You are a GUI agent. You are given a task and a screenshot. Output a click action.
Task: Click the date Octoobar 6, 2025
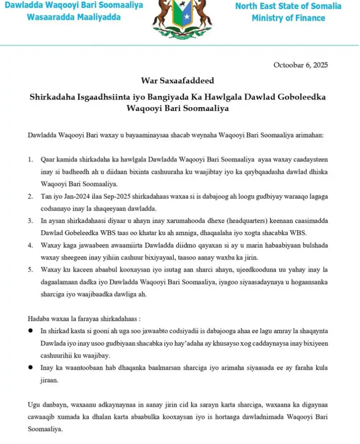pos(300,65)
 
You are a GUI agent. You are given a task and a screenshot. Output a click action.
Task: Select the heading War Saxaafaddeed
pos(178,81)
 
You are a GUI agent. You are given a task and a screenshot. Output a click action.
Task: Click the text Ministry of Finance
pos(288,18)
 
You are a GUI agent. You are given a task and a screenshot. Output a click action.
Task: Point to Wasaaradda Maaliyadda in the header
pos(74,18)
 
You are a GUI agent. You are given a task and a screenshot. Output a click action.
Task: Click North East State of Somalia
pos(288,6)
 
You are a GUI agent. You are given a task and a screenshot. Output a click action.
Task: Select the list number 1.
pos(30,160)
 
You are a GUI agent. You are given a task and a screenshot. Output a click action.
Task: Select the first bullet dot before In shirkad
pos(30,331)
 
